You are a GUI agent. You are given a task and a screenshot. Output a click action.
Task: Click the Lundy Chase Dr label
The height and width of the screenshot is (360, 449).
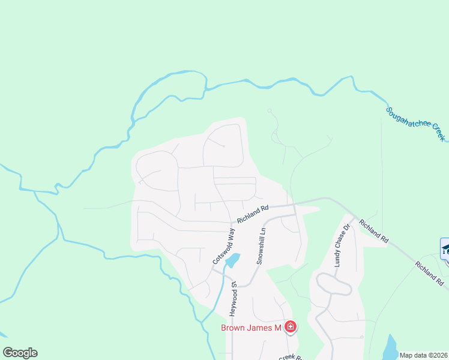tap(342, 248)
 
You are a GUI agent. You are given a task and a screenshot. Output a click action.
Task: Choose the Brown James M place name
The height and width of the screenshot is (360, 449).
tap(251, 328)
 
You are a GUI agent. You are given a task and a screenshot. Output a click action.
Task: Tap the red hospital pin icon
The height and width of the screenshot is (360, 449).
tap(291, 327)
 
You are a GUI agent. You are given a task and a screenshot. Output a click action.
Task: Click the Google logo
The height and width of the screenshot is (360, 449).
tap(20, 353)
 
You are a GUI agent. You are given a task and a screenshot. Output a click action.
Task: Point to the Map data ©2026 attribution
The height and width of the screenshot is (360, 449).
tap(423, 355)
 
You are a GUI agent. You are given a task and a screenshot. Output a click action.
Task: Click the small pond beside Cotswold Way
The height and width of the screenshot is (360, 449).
tap(232, 260)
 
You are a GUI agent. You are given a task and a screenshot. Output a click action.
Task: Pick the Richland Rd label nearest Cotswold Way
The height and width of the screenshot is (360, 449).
tap(252, 214)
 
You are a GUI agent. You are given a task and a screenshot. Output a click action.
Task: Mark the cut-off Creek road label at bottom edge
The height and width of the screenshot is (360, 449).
tap(291, 357)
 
